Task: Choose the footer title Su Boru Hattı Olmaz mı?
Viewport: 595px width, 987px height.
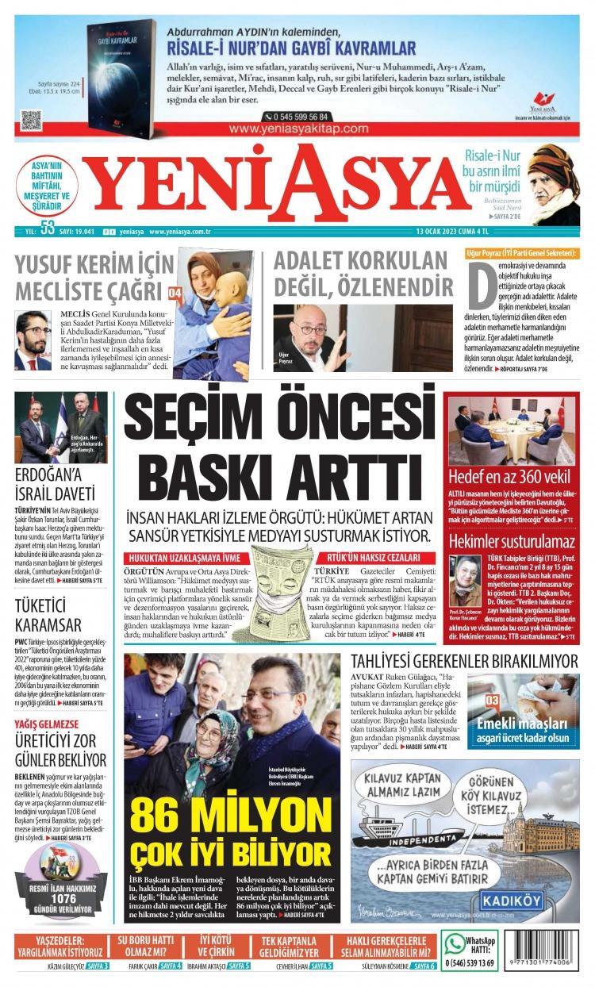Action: click(145, 946)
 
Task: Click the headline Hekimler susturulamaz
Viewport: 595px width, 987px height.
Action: click(511, 542)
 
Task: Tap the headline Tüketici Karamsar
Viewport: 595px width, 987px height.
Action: click(48, 613)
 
